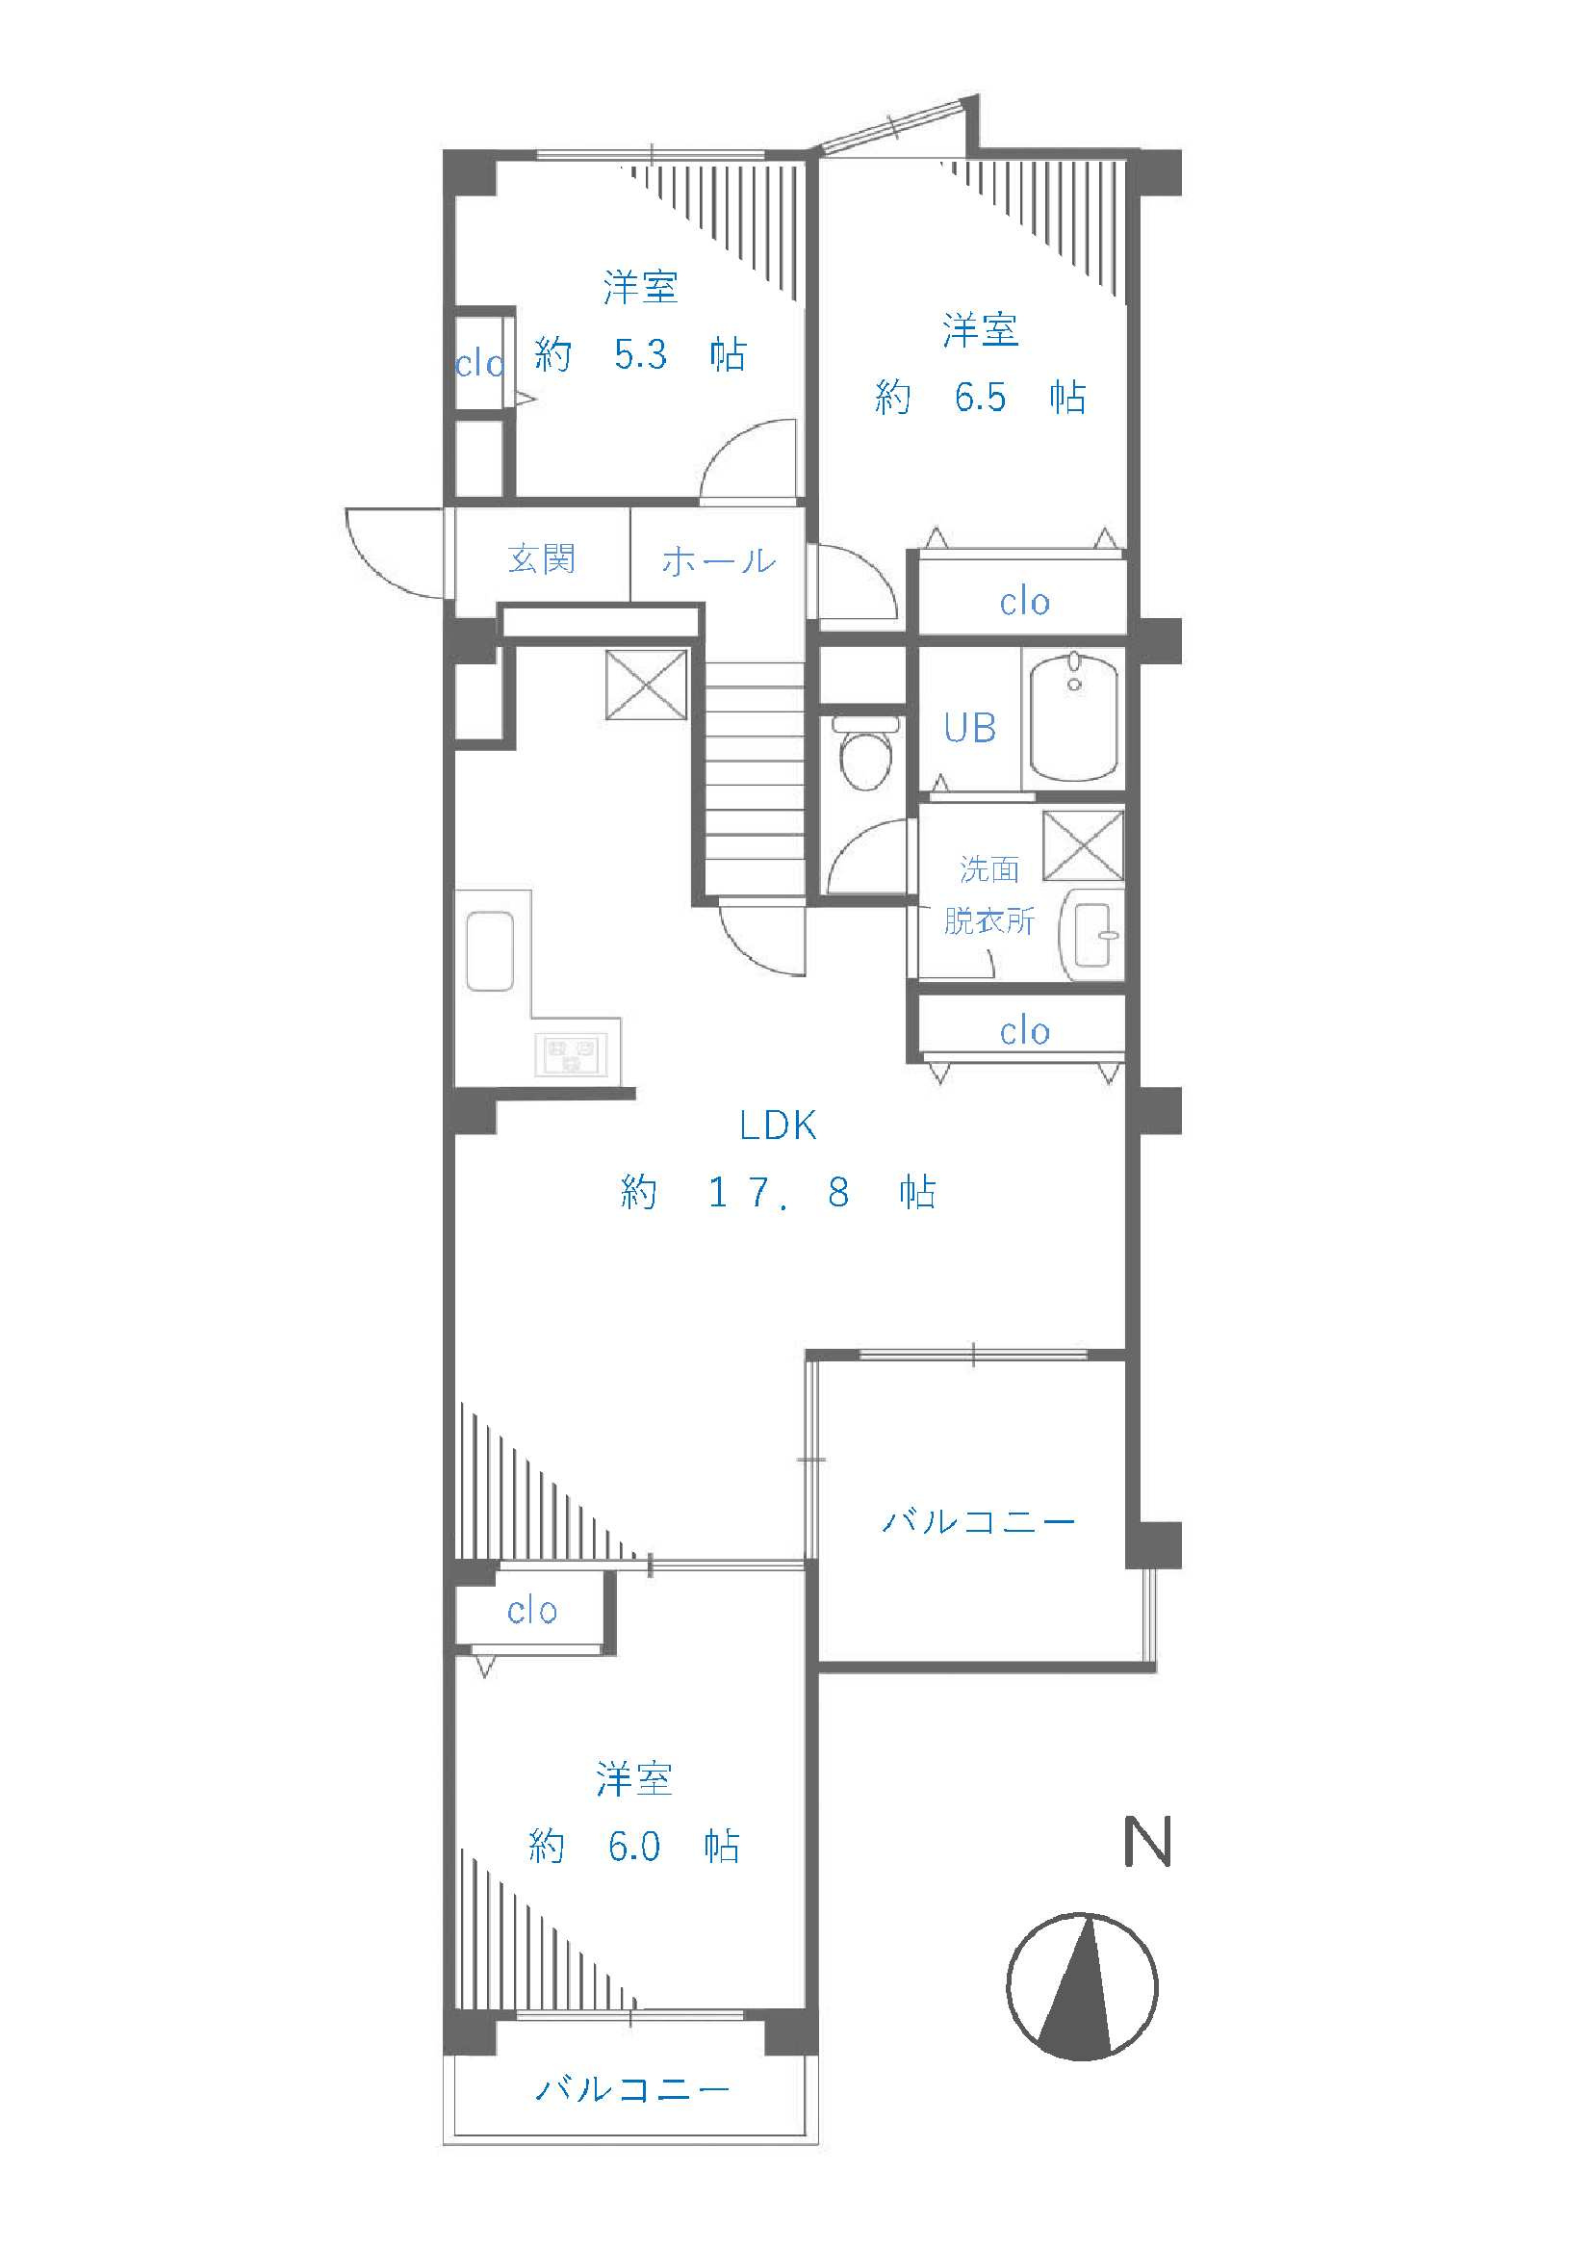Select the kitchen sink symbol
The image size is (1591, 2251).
pos(491,950)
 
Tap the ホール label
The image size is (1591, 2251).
pos(719,560)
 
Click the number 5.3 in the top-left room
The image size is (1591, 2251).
pos(641,354)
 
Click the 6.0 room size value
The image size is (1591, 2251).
pos(634,1846)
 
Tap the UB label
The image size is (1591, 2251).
pos(969,728)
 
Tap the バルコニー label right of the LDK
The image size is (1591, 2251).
pos(978,1521)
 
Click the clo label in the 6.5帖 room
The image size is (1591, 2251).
pos(1024,602)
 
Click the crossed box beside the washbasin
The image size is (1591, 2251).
pos(1082,845)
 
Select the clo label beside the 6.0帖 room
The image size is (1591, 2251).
pos(532,1611)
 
